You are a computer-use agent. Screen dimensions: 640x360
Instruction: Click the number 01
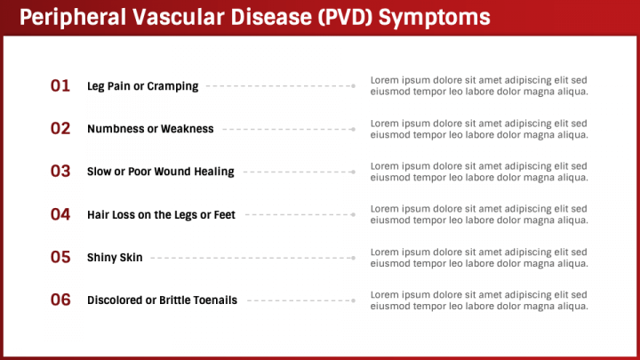pos(60,85)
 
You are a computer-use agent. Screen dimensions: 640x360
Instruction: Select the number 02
pos(60,129)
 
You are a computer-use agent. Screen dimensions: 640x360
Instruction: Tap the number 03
pos(60,172)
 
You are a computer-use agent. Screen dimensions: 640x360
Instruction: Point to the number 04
pos(60,214)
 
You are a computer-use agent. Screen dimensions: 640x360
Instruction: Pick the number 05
pos(60,257)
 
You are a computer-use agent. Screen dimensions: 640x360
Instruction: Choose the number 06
pos(60,300)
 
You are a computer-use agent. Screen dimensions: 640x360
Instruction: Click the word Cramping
pos(172,86)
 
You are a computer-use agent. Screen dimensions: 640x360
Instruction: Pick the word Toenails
pos(215,300)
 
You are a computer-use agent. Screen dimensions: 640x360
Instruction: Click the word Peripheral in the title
pos(73,18)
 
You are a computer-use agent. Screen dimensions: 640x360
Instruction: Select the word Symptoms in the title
pos(435,18)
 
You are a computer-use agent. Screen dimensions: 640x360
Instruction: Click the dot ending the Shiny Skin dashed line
pos(354,258)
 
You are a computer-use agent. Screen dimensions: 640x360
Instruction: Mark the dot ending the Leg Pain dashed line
pos(354,86)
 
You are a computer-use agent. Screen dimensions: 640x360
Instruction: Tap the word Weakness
pos(188,129)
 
